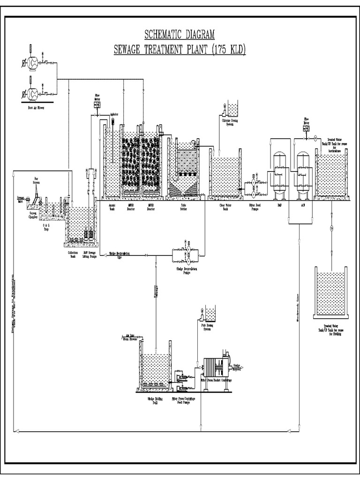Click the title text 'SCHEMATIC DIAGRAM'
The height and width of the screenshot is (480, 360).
(180, 34)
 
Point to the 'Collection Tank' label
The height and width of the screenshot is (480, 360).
(73, 254)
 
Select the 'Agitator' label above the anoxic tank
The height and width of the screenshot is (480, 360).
(114, 114)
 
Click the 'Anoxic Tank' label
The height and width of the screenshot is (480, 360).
(112, 207)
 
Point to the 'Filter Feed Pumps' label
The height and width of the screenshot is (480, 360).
(254, 207)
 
